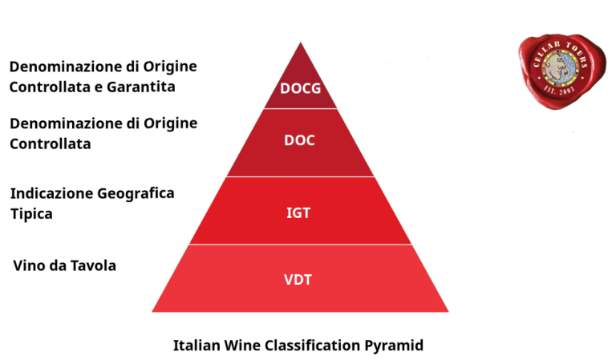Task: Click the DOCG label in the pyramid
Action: [x=300, y=88]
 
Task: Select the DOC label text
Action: [x=299, y=140]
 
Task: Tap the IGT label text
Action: [x=299, y=212]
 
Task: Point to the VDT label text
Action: [x=299, y=280]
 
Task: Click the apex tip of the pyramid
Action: [x=301, y=41]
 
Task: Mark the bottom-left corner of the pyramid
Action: [x=152, y=311]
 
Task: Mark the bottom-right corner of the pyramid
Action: [x=449, y=311]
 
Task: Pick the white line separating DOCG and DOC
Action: [x=300, y=108]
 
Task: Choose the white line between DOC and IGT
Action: [x=300, y=176]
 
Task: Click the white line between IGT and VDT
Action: [x=300, y=245]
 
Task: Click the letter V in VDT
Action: [x=289, y=280]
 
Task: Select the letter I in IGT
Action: [x=289, y=212]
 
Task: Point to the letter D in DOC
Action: [x=289, y=140]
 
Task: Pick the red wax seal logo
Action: [x=558, y=71]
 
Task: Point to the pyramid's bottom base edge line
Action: [x=300, y=312]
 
